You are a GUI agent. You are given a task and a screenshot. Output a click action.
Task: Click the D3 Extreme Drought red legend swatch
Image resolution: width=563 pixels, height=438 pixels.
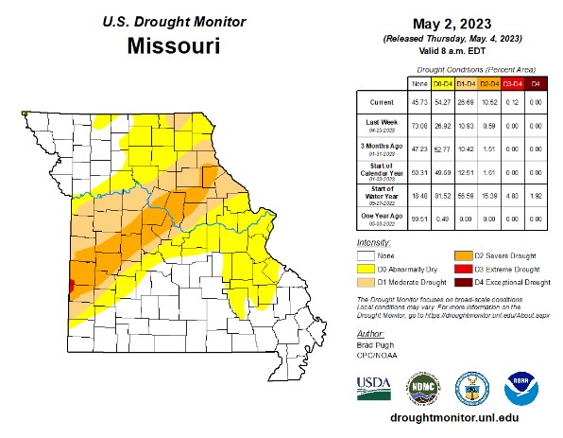(465, 269)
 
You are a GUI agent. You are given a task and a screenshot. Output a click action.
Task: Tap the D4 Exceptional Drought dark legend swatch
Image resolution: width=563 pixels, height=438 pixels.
(465, 282)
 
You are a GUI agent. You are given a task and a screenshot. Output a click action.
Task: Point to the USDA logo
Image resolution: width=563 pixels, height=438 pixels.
(374, 386)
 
